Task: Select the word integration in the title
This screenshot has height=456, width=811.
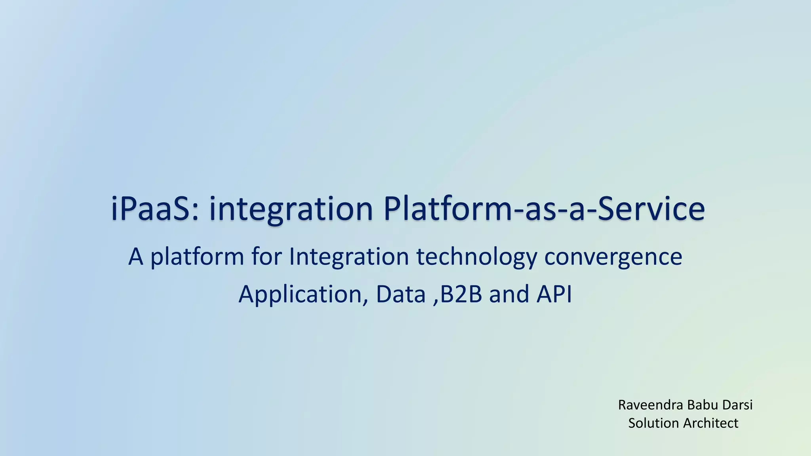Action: (x=291, y=209)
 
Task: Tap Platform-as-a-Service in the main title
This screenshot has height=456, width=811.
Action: (x=544, y=209)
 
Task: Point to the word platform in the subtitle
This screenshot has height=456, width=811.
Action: (x=197, y=256)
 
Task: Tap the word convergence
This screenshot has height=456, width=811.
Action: (x=613, y=256)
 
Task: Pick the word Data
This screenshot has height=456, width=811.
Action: (x=400, y=294)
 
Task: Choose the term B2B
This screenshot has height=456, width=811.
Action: (x=461, y=294)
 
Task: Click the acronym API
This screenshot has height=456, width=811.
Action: (x=554, y=294)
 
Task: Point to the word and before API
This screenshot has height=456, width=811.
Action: (x=509, y=294)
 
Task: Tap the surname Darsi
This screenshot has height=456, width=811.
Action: (x=737, y=405)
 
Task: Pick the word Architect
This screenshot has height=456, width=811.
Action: (x=711, y=423)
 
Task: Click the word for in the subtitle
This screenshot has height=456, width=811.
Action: (x=267, y=256)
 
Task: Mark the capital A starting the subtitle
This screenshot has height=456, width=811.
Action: (x=135, y=256)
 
